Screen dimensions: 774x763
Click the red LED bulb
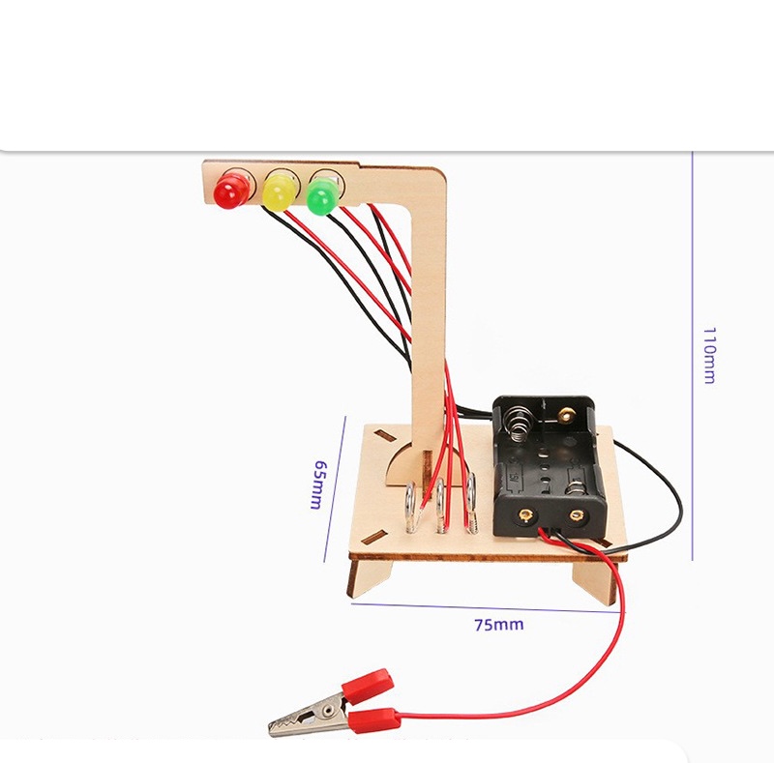coord(231,191)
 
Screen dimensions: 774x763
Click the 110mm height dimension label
coord(709,355)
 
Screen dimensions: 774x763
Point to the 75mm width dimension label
coord(499,625)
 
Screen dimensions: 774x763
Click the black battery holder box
coord(549,465)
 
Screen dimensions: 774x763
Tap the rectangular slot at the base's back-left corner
coord(383,435)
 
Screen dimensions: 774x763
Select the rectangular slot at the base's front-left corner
coord(374,538)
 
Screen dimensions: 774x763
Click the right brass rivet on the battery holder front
coord(575,515)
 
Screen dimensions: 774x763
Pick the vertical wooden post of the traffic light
coord(429,316)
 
